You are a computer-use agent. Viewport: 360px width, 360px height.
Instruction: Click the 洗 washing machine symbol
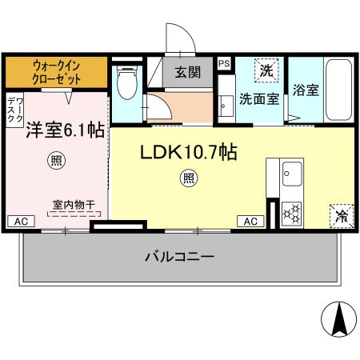266,70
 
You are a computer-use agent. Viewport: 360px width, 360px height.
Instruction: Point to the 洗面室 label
259,100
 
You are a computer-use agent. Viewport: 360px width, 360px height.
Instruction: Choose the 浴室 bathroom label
306,90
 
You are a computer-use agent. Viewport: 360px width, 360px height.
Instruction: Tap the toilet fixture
126,82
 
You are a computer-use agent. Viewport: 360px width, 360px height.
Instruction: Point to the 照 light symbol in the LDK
188,178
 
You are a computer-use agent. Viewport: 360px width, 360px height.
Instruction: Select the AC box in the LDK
250,221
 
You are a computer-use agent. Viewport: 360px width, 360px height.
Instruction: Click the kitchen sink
290,172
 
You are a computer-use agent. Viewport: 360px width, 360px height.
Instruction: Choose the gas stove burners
291,213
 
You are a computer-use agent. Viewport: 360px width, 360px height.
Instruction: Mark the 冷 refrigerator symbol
341,214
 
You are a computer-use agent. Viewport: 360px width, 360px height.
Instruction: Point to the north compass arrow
337,320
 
